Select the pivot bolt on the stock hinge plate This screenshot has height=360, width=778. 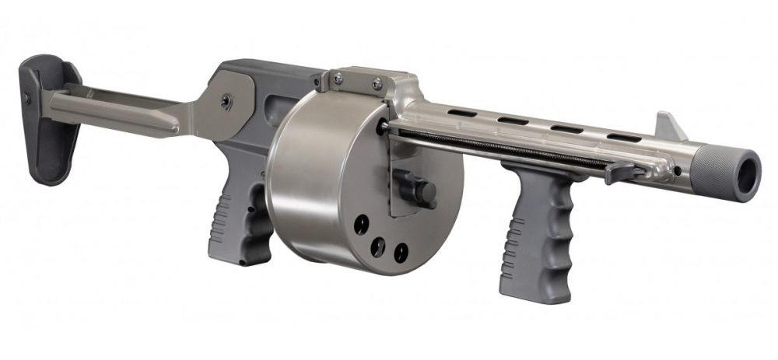226,100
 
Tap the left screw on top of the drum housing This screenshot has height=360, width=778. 338,77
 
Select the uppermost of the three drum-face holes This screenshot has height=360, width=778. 361,225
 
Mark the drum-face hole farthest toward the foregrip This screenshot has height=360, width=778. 401,251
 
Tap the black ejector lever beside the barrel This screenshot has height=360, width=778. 622,172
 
